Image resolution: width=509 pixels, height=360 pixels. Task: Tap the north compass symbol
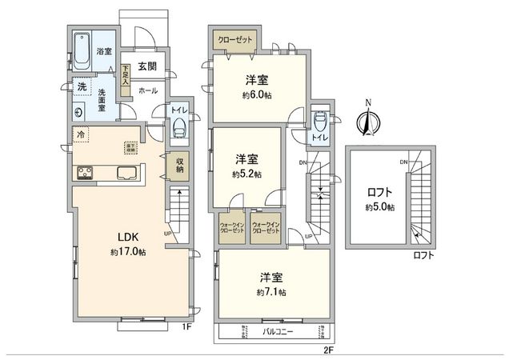367,122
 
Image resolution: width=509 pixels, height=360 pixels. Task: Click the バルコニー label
275,330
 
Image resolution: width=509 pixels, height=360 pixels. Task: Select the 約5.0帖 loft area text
379,207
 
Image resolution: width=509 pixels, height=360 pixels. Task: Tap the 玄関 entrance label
146,66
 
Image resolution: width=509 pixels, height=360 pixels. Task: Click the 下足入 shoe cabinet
126,76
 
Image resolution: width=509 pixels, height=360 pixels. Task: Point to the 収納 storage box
181,164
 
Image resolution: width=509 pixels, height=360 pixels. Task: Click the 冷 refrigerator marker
82,134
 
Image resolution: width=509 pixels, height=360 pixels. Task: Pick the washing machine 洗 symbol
82,86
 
